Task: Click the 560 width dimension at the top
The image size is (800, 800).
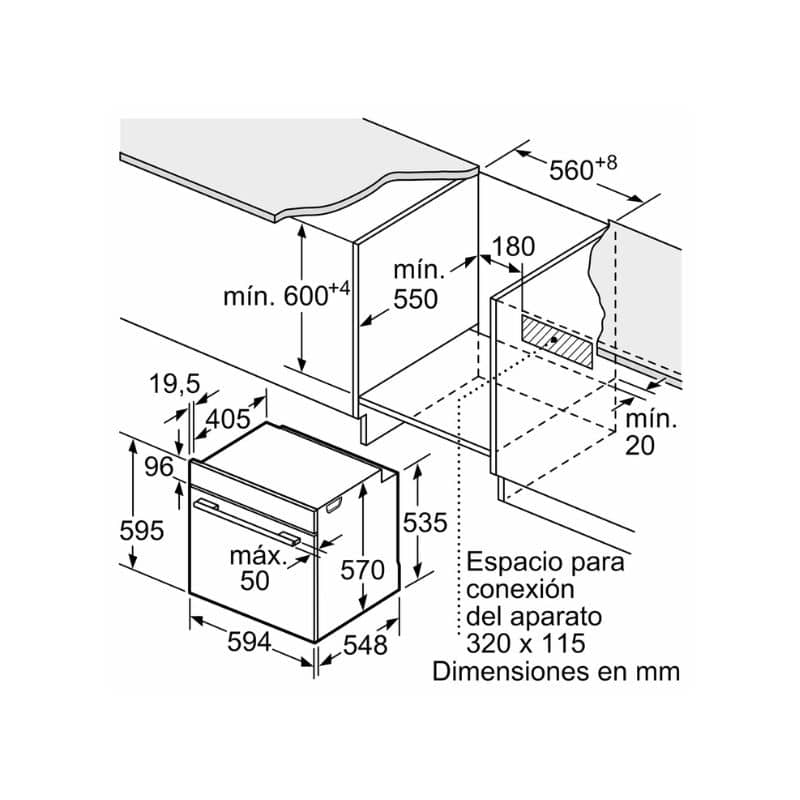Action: coord(583,168)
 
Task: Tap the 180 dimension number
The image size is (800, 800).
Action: coord(513,247)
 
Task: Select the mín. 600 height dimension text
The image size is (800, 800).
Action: coord(287,294)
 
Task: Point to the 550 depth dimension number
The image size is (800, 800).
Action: coord(415,299)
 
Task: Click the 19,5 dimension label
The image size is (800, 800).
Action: coord(175,384)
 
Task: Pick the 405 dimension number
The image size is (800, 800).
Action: coord(228,419)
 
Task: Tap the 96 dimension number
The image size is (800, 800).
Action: coord(159,467)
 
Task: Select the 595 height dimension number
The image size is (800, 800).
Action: coord(141,531)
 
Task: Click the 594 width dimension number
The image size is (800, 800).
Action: coord(249,641)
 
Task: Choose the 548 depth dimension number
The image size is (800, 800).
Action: coord(365,645)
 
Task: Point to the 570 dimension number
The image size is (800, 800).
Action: coord(362,570)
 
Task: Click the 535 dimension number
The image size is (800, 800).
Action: coord(425,522)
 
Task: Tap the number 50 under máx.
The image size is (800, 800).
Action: coord(255,581)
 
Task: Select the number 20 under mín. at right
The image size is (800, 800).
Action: coord(640,445)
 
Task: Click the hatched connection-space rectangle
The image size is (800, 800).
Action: coord(558,341)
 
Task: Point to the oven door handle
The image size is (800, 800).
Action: coord(247,520)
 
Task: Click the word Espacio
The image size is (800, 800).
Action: coord(512,563)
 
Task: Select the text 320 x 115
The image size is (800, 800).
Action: coord(526,643)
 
